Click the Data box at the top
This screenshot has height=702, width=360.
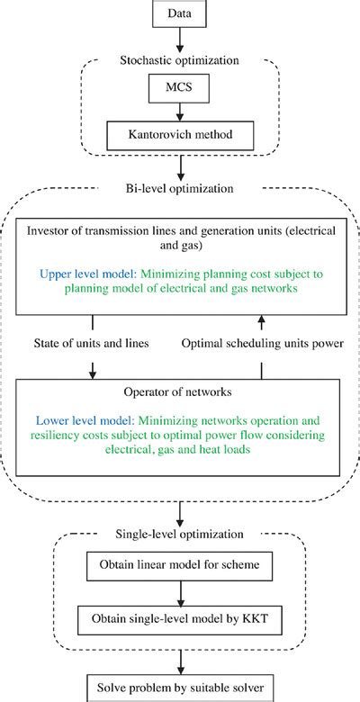point(181,14)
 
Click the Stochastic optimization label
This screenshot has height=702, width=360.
point(181,60)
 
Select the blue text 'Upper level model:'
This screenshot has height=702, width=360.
point(91,273)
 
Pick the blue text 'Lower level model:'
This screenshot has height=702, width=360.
point(90,419)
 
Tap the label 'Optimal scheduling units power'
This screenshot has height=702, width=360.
point(261,343)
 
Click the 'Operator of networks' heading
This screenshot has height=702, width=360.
point(181,393)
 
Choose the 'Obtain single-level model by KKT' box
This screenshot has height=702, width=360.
point(181,620)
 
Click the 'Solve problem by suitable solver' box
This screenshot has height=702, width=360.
point(181,687)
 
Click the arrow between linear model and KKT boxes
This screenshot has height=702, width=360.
point(181,594)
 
